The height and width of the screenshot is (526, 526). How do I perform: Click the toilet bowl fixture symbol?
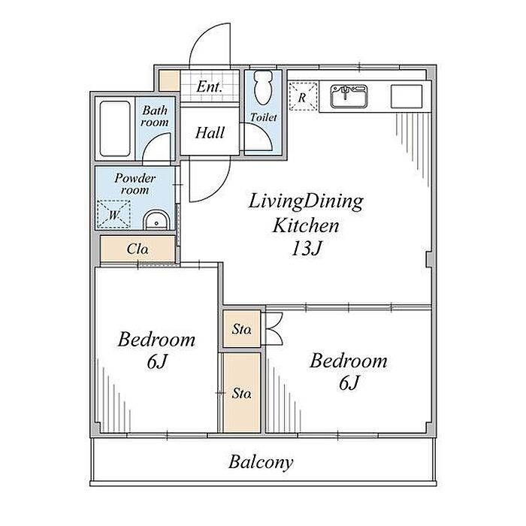[263, 88]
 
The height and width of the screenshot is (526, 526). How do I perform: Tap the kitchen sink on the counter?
[349, 97]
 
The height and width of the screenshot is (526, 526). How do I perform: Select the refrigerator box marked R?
[303, 96]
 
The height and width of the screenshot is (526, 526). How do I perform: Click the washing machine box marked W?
[113, 214]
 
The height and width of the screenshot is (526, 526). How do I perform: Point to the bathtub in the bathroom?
[115, 128]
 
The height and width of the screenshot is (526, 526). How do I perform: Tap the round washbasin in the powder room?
[156, 220]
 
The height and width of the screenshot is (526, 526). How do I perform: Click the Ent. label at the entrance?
[210, 87]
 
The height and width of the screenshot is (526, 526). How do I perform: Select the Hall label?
[210, 132]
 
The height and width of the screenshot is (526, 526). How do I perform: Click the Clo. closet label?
[138, 249]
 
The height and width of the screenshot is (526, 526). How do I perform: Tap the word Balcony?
[261, 462]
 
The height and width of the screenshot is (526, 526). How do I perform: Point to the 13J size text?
[307, 248]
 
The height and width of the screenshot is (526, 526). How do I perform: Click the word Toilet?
[263, 117]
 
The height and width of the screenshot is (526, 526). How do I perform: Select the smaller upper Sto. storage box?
[241, 329]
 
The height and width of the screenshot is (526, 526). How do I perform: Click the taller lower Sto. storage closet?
[242, 392]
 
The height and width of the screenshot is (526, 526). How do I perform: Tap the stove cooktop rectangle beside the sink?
[407, 96]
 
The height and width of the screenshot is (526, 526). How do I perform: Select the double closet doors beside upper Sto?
[274, 329]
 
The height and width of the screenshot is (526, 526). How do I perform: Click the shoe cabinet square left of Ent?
[169, 80]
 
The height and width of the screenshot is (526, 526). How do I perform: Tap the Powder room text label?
[135, 184]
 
